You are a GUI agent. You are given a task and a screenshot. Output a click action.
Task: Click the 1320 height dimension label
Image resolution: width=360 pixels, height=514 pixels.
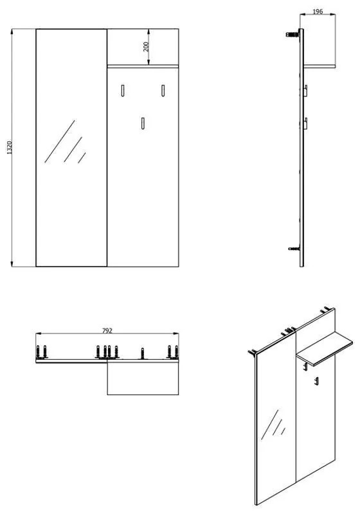pos(9,148)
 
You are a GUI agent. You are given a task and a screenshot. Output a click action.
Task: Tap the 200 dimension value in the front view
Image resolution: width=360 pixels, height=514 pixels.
pos(146,46)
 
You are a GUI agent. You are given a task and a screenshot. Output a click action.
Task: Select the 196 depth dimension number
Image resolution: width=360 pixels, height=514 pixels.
pos(318,12)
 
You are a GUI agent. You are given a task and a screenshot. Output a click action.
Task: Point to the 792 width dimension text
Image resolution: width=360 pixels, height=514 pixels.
pos(107,331)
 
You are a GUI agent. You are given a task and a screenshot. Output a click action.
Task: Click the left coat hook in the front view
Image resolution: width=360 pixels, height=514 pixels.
pos(123,91)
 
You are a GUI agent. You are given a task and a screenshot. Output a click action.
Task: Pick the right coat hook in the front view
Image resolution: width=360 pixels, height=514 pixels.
pos(163,91)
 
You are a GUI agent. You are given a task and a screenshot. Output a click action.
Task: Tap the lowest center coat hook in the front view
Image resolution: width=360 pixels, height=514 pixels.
pos(143,123)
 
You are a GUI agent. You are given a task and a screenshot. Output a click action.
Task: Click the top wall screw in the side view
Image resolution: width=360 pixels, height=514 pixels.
pos(292,34)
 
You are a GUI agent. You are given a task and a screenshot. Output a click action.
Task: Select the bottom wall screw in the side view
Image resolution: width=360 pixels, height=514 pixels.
pos(294,249)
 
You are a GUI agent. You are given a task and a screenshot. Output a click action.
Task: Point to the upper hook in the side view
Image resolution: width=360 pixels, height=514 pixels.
pos(305,91)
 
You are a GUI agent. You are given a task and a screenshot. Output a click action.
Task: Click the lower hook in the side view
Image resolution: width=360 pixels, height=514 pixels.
pos(305,123)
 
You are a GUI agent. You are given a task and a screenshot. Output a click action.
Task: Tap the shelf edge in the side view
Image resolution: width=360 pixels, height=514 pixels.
pos(319,66)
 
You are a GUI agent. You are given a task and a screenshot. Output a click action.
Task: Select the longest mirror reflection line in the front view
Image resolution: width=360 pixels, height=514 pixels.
pos(60,141)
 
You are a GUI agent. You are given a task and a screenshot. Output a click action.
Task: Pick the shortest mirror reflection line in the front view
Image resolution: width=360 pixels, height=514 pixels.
pos(82,157)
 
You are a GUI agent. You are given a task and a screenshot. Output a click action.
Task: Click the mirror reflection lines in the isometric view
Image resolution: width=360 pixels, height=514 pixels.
pos(273,425)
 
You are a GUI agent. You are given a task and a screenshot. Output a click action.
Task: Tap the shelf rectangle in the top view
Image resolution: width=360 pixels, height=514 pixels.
pos(143,377)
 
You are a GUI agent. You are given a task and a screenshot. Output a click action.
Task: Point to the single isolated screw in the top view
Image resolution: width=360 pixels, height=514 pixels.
pos(142,353)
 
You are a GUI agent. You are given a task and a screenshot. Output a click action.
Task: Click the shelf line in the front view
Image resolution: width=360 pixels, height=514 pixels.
pos(143,66)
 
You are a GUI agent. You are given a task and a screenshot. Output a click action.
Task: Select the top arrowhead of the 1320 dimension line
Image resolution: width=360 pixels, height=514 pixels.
pos(12,31)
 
